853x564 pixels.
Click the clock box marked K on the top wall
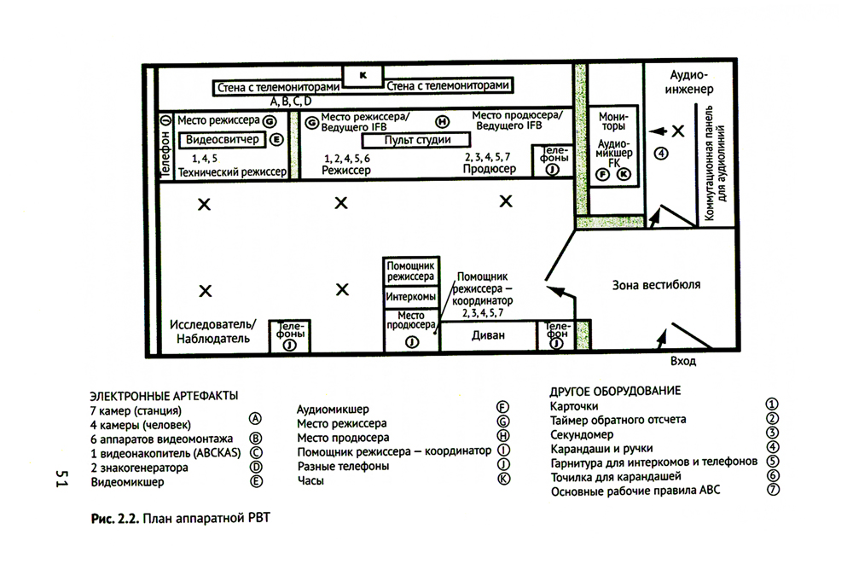[x=363, y=76]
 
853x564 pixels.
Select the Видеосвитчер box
[x=222, y=139]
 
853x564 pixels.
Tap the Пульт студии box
[x=417, y=140]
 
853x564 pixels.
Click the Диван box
[x=488, y=335]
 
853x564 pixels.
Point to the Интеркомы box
[x=411, y=297]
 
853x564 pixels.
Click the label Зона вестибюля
[x=656, y=285]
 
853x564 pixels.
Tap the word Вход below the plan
[x=682, y=361]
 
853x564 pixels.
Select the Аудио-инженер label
[x=688, y=82]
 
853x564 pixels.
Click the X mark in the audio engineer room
[x=678, y=131]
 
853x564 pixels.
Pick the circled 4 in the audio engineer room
[x=661, y=154]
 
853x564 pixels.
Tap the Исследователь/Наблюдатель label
[x=212, y=332]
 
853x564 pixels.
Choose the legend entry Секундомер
[x=582, y=434]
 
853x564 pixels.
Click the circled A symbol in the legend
[x=254, y=418]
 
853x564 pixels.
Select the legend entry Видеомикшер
[x=127, y=482]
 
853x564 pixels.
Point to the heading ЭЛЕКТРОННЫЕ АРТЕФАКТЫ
[x=164, y=396]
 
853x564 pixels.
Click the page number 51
[x=61, y=478]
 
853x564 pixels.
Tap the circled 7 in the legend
[x=773, y=490]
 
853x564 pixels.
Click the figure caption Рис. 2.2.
[x=115, y=518]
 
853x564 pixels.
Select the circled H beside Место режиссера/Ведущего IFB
[x=442, y=123]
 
